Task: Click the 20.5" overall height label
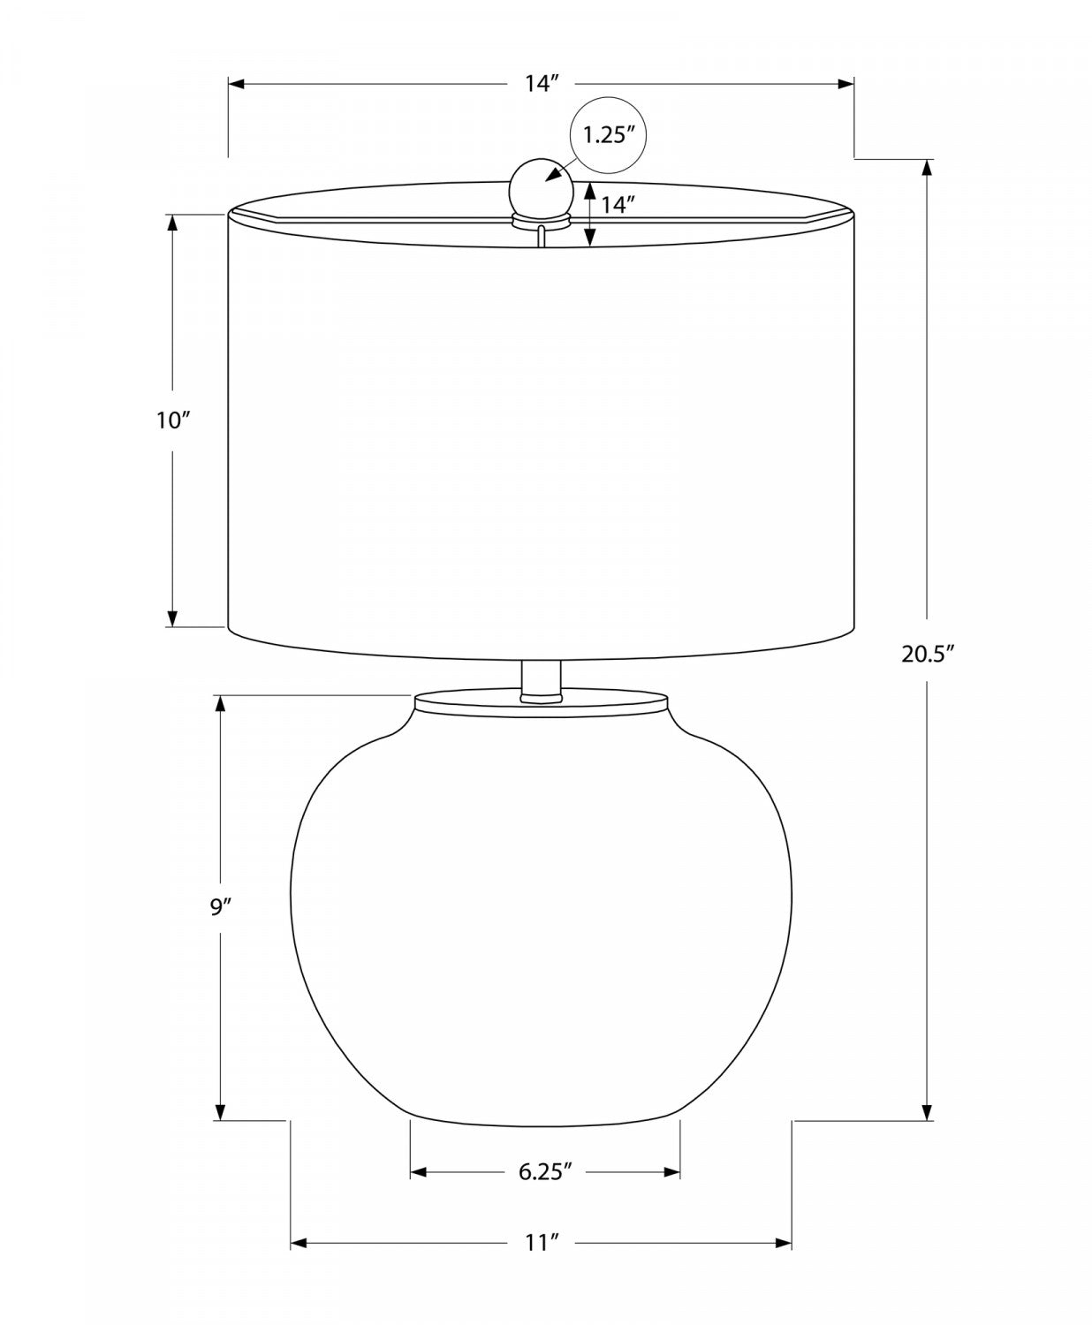(x=929, y=654)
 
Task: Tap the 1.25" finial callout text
(x=609, y=135)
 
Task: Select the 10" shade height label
(x=174, y=420)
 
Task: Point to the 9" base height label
(x=219, y=907)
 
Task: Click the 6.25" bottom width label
(x=545, y=1170)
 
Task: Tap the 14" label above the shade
(x=541, y=83)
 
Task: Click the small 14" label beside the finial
(x=618, y=204)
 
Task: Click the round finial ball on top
(x=541, y=188)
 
